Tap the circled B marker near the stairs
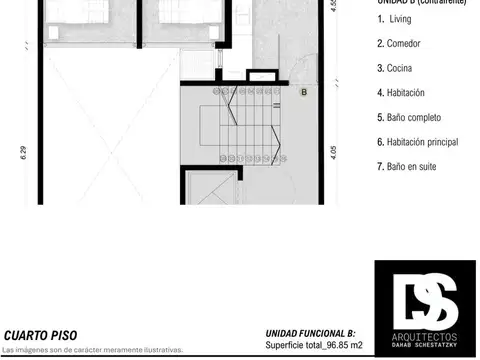click(x=304, y=93)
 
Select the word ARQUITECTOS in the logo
click(x=425, y=328)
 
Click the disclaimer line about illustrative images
click(x=93, y=350)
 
